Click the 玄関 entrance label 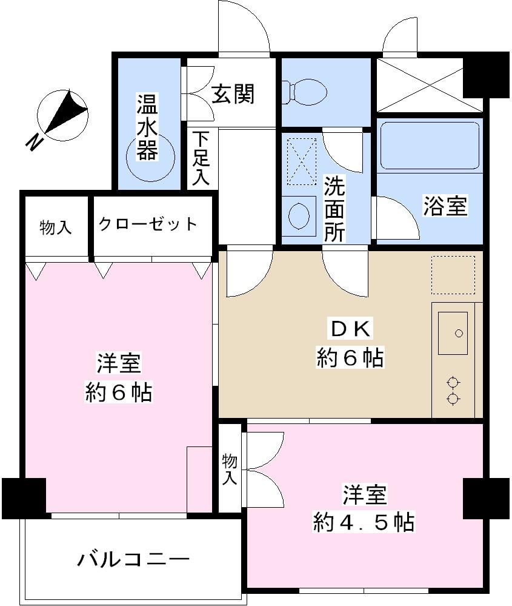[233, 94]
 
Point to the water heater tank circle [151, 158]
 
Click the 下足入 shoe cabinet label [202, 158]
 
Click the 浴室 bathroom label [445, 206]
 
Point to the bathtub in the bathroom [430, 146]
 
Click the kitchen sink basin [452, 332]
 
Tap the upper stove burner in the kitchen [452, 382]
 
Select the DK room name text [349, 329]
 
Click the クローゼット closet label [148, 224]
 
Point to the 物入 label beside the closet [56, 227]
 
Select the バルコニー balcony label [134, 559]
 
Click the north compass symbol [62, 113]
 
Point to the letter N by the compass [35, 142]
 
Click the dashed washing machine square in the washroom [302, 161]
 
